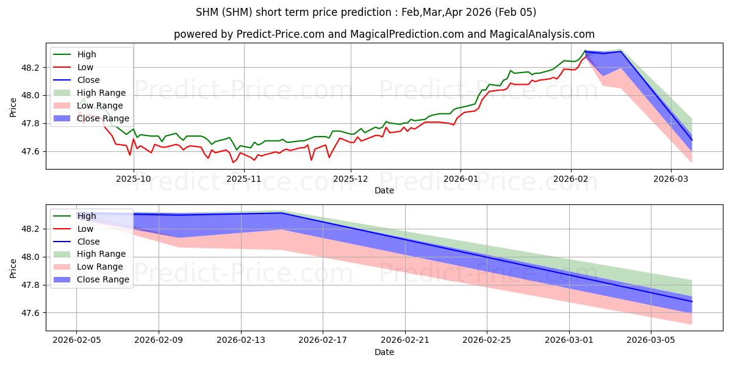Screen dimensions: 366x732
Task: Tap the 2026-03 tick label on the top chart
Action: click(x=671, y=179)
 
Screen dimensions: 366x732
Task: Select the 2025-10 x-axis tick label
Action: click(x=134, y=179)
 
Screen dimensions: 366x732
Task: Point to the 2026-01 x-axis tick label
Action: click(x=460, y=179)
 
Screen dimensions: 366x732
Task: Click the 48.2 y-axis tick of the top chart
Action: click(x=30, y=68)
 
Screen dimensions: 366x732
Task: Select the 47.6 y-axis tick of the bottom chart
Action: click(x=30, y=313)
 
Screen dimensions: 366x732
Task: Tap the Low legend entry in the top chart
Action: click(x=86, y=67)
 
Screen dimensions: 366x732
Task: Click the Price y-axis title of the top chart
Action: click(x=13, y=107)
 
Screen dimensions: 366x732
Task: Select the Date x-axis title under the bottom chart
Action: click(x=384, y=352)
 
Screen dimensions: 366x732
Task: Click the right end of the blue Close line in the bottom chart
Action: click(x=692, y=301)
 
